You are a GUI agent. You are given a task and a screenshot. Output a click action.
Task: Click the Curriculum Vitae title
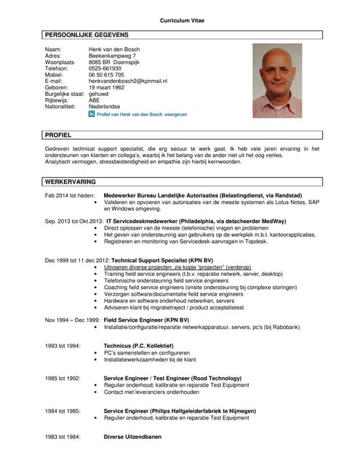[x=182, y=20]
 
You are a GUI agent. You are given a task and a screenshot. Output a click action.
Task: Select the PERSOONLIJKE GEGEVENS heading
[x=87, y=35]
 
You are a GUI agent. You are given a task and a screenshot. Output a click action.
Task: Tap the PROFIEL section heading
[x=58, y=135]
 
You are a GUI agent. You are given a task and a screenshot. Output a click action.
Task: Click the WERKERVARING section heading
[x=71, y=181]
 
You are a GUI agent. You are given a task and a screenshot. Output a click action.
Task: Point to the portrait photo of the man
[x=276, y=80]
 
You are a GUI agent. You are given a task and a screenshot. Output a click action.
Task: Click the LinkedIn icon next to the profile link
[x=92, y=114]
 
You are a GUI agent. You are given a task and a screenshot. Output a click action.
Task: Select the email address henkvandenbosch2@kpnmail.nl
[x=128, y=81]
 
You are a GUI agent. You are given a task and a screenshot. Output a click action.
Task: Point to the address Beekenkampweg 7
[x=112, y=55]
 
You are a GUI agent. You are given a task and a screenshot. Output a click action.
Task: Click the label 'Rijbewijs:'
[x=58, y=101]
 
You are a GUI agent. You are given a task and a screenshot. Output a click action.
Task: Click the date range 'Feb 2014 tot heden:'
[x=70, y=196]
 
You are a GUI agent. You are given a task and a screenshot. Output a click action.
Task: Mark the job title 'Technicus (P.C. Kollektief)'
[x=138, y=346]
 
